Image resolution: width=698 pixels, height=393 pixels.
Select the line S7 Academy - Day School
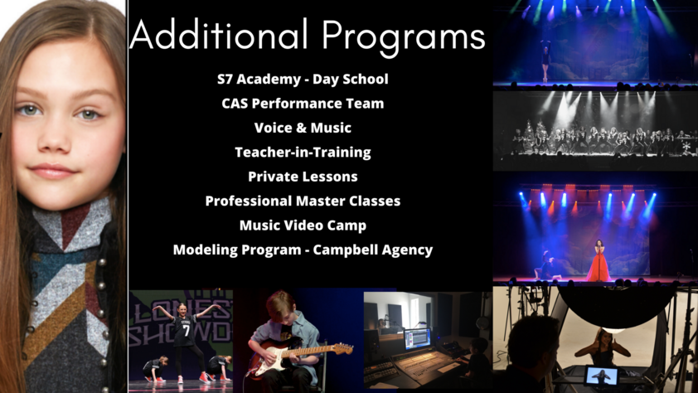coord(303,80)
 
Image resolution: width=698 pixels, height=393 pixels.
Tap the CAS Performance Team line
coord(303,104)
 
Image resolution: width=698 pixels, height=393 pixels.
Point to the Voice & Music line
coord(303,128)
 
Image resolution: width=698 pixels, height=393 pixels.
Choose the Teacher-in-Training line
coord(303,153)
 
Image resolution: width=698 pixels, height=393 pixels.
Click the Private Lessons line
coord(303,177)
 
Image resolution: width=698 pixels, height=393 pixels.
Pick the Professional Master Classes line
coord(303,201)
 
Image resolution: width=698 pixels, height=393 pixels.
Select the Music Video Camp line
coord(303,226)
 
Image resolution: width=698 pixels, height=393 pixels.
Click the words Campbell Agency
coord(372,250)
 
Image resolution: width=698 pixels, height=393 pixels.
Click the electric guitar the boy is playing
coord(299,356)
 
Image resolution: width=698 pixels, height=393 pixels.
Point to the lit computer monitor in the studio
coord(417,339)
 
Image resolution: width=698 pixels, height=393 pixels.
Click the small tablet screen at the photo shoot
coord(601,376)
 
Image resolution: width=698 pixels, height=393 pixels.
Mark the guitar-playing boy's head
coord(280,307)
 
